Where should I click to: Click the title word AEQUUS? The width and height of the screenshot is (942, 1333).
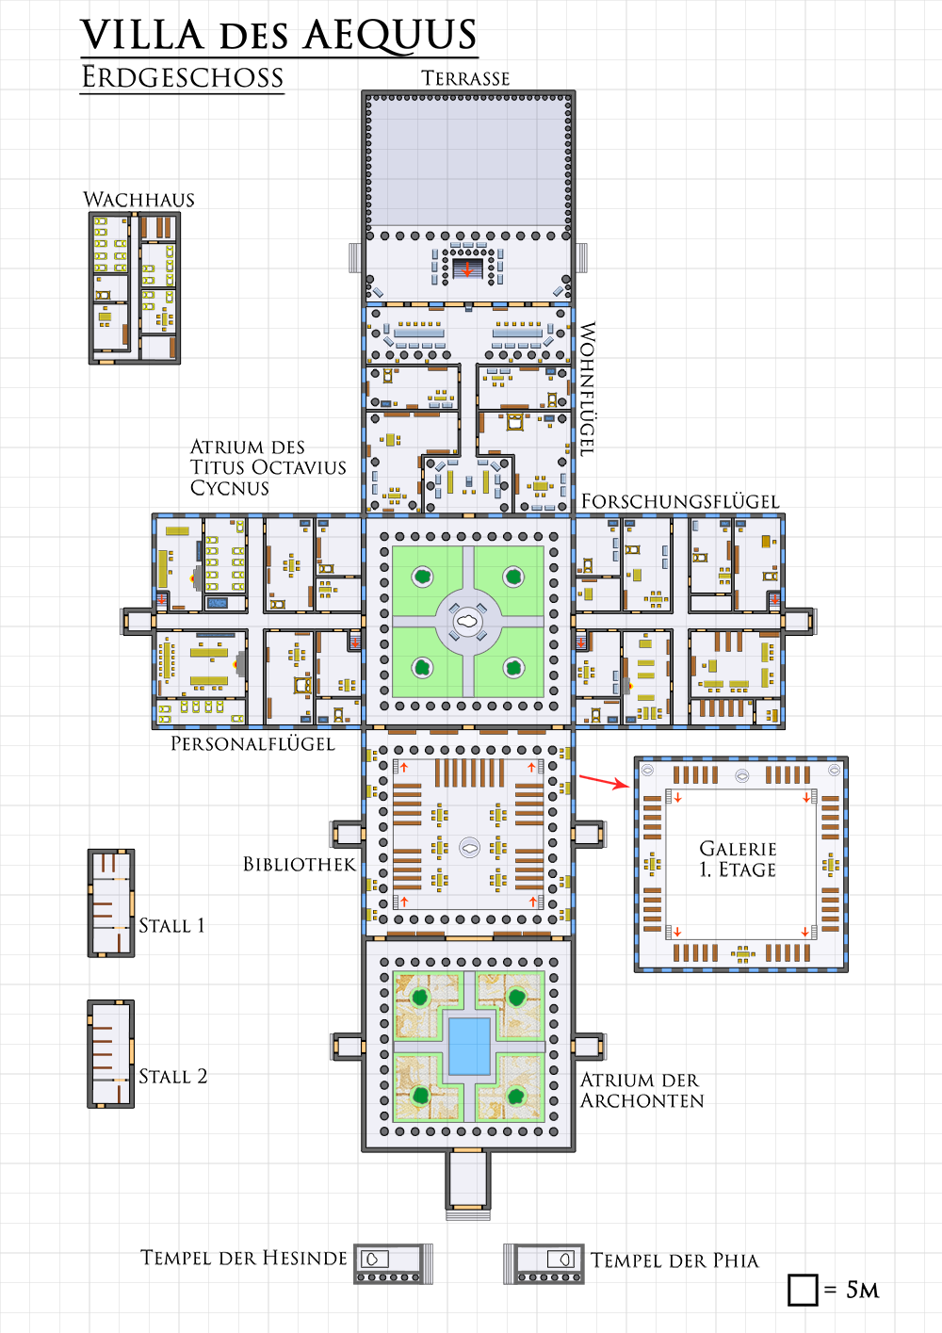pos(390,35)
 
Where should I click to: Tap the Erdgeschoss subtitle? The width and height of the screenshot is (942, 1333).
pos(182,77)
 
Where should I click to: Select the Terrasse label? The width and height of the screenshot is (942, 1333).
pos(465,78)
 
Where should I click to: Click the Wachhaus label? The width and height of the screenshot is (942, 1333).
pos(138,200)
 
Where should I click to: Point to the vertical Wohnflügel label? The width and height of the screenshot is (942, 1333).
pos(587,389)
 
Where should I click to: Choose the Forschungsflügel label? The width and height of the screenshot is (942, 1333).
pos(680,501)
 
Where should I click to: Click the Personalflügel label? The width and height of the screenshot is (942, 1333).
pos(252,743)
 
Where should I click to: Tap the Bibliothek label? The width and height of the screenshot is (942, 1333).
pos(299,864)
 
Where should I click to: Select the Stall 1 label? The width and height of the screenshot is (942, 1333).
pos(172,926)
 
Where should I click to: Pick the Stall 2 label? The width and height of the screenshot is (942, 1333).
pos(173,1077)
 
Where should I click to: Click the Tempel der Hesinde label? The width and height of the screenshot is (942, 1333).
pos(243,1258)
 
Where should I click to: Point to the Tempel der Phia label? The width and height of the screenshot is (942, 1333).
pos(674,1260)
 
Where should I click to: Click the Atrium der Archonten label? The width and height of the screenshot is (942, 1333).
pos(642,1090)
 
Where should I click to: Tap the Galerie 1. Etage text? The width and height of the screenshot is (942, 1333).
pos(738,859)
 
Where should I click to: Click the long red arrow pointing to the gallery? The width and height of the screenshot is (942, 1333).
pos(604,781)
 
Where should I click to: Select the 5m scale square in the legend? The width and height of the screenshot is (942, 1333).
pos(803,1290)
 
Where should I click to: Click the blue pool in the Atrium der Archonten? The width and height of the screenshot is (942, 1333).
pos(469,1047)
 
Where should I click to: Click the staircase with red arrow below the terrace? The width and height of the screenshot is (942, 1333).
pos(467,268)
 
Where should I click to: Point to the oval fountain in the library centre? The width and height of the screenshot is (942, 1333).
pos(469,848)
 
